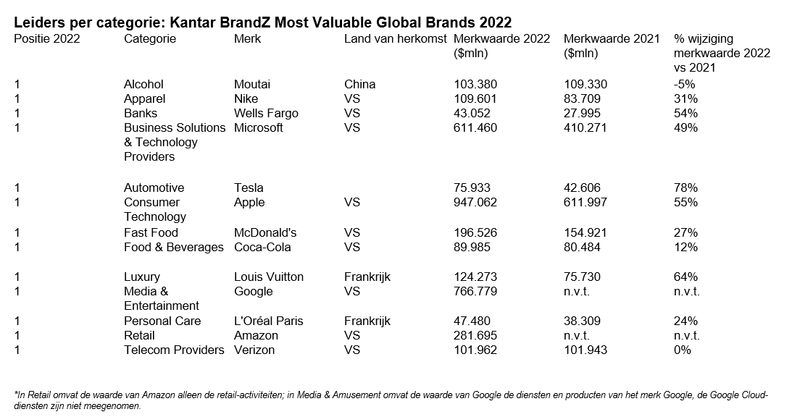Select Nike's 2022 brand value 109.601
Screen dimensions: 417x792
pyautogui.click(x=475, y=98)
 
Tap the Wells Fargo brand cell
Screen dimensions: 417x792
pyautogui.click(x=266, y=113)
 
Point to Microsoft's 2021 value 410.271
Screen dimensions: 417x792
pyautogui.click(x=585, y=127)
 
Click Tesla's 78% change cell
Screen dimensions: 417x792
pyautogui.click(x=685, y=188)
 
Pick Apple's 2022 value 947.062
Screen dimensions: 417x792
pyautogui.click(x=475, y=202)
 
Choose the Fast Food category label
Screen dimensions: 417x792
pyautogui.click(x=151, y=232)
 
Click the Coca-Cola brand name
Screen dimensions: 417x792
pyautogui.click(x=262, y=247)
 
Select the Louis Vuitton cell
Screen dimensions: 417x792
pyautogui.click(x=269, y=277)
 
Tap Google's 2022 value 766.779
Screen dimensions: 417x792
pyautogui.click(x=475, y=291)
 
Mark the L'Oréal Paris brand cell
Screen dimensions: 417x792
pyautogui.click(x=269, y=321)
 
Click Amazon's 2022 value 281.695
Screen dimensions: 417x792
pyautogui.click(x=475, y=335)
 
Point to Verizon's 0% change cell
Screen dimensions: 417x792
pyautogui.click(x=683, y=350)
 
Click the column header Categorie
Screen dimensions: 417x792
pyautogui.click(x=150, y=39)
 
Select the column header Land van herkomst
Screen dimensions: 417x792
pyautogui.click(x=395, y=39)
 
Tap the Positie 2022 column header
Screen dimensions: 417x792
pyautogui.click(x=47, y=39)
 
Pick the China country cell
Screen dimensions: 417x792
pyautogui.click(x=359, y=84)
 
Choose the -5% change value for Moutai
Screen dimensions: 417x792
pyautogui.click(x=684, y=84)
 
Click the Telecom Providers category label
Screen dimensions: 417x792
pyautogui.click(x=174, y=350)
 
